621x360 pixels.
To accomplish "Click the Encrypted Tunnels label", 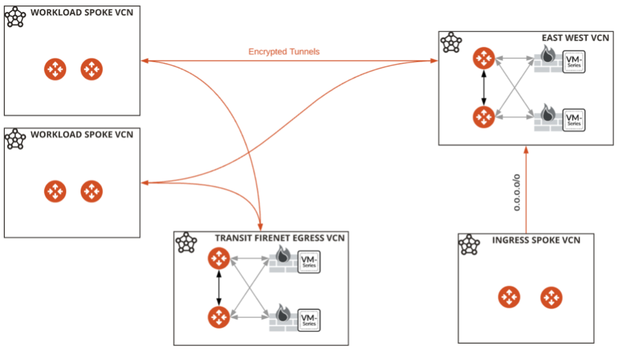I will (x=283, y=52).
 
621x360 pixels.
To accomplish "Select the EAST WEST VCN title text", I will (x=575, y=38).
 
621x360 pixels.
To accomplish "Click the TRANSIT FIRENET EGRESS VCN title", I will (x=280, y=238).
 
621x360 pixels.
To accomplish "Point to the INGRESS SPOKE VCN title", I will (x=536, y=240).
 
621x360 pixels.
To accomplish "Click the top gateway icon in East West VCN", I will (x=483, y=58).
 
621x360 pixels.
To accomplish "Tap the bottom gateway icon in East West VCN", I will (x=483, y=116).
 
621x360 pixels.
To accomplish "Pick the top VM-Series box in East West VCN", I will (x=574, y=62).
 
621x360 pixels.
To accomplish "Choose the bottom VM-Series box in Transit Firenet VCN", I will (x=309, y=320).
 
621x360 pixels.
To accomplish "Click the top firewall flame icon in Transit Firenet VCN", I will (x=283, y=255).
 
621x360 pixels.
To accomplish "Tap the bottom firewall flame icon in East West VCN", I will (x=547, y=113).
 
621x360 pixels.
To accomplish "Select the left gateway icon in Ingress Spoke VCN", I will (x=509, y=297).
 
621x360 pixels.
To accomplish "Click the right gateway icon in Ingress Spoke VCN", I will (x=551, y=297).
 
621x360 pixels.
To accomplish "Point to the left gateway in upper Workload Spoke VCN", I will (x=55, y=69).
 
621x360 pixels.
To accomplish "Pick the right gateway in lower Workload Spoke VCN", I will (x=91, y=191).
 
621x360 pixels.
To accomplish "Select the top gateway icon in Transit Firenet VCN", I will (x=218, y=259).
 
